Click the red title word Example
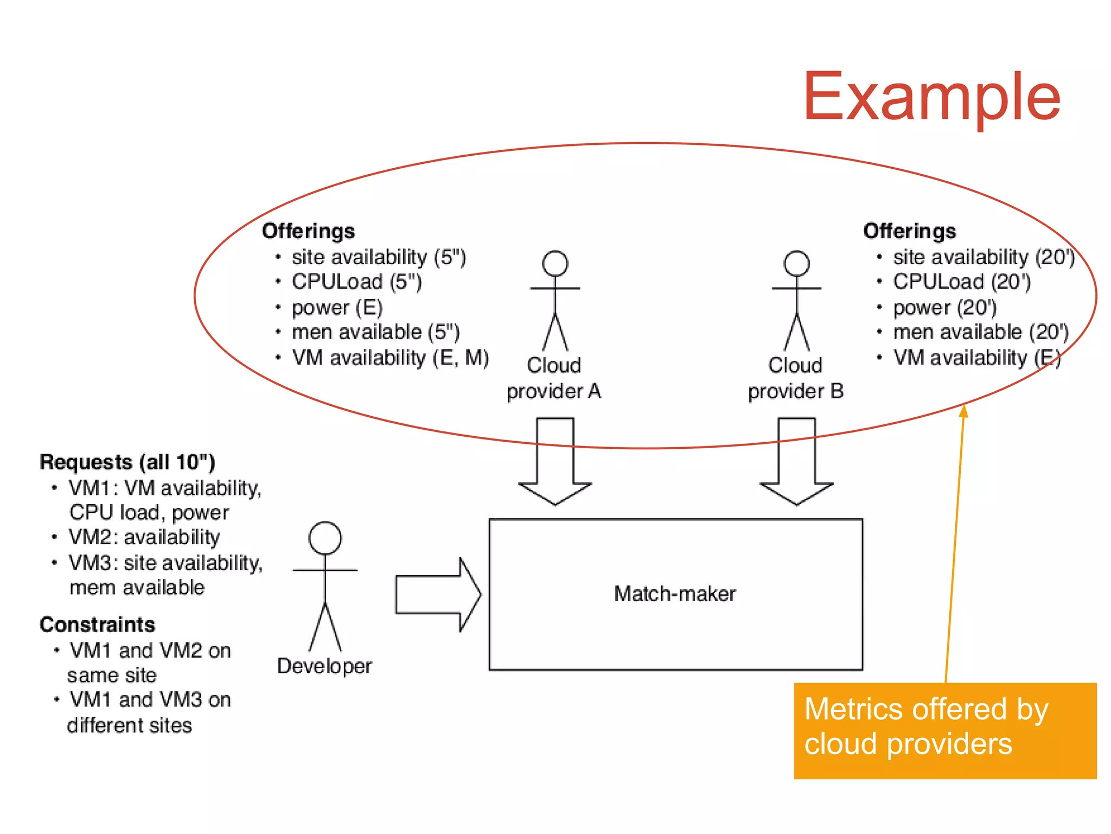pyautogui.click(x=931, y=98)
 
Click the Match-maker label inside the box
pyautogui.click(x=674, y=594)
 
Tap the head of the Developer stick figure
pyautogui.click(x=325, y=538)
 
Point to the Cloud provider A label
pyautogui.click(x=554, y=378)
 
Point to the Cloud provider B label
pyautogui.click(x=795, y=378)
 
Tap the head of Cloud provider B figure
pyautogui.click(x=796, y=264)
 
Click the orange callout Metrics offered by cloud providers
pyautogui.click(x=944, y=730)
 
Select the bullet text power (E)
pyautogui.click(x=337, y=307)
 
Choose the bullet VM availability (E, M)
pyautogui.click(x=390, y=358)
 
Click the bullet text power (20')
pyautogui.click(x=944, y=307)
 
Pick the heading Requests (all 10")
pyautogui.click(x=127, y=462)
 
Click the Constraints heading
pyautogui.click(x=97, y=625)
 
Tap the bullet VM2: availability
pyautogui.click(x=144, y=537)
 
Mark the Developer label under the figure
pyautogui.click(x=324, y=666)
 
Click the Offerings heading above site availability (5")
pyautogui.click(x=308, y=231)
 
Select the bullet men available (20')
pyautogui.click(x=980, y=332)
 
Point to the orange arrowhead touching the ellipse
pyautogui.click(x=963, y=411)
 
